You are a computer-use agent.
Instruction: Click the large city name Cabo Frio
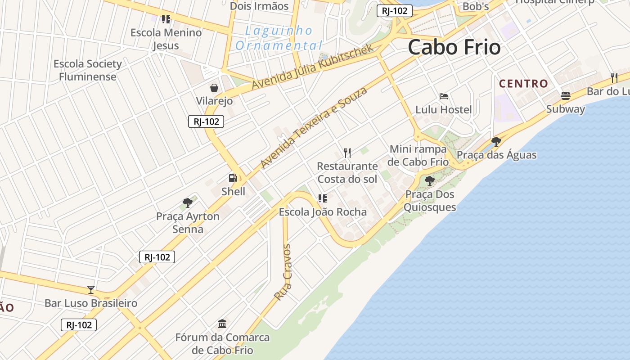pos(454,47)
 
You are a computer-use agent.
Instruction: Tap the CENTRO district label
pos(523,84)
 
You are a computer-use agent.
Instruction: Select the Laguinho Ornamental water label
pos(279,38)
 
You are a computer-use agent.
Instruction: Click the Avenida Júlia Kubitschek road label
pos(312,67)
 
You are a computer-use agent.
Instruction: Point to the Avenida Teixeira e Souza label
pos(314,128)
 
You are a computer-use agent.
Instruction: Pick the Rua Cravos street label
pos(283,272)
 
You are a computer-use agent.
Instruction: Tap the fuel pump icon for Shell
pos(233,179)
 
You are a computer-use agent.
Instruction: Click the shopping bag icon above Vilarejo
pos(214,88)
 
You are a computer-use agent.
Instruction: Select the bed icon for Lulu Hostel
pos(444,96)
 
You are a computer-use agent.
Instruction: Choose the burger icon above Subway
pos(566,95)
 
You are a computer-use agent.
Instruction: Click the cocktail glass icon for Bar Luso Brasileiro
pos(91,289)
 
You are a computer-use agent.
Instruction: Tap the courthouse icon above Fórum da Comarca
pos(222,324)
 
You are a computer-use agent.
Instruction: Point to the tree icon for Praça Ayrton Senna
pos(188,202)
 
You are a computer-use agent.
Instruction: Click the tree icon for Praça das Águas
pos(496,142)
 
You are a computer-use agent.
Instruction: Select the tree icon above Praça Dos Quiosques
pos(430,181)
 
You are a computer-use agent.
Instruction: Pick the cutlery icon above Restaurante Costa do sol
pos(347,153)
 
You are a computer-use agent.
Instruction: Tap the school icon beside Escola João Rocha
pos(322,198)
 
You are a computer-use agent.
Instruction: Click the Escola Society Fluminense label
pos(88,70)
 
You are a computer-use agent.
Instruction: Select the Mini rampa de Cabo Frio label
pos(418,155)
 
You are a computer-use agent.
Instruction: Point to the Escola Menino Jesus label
pos(166,39)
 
